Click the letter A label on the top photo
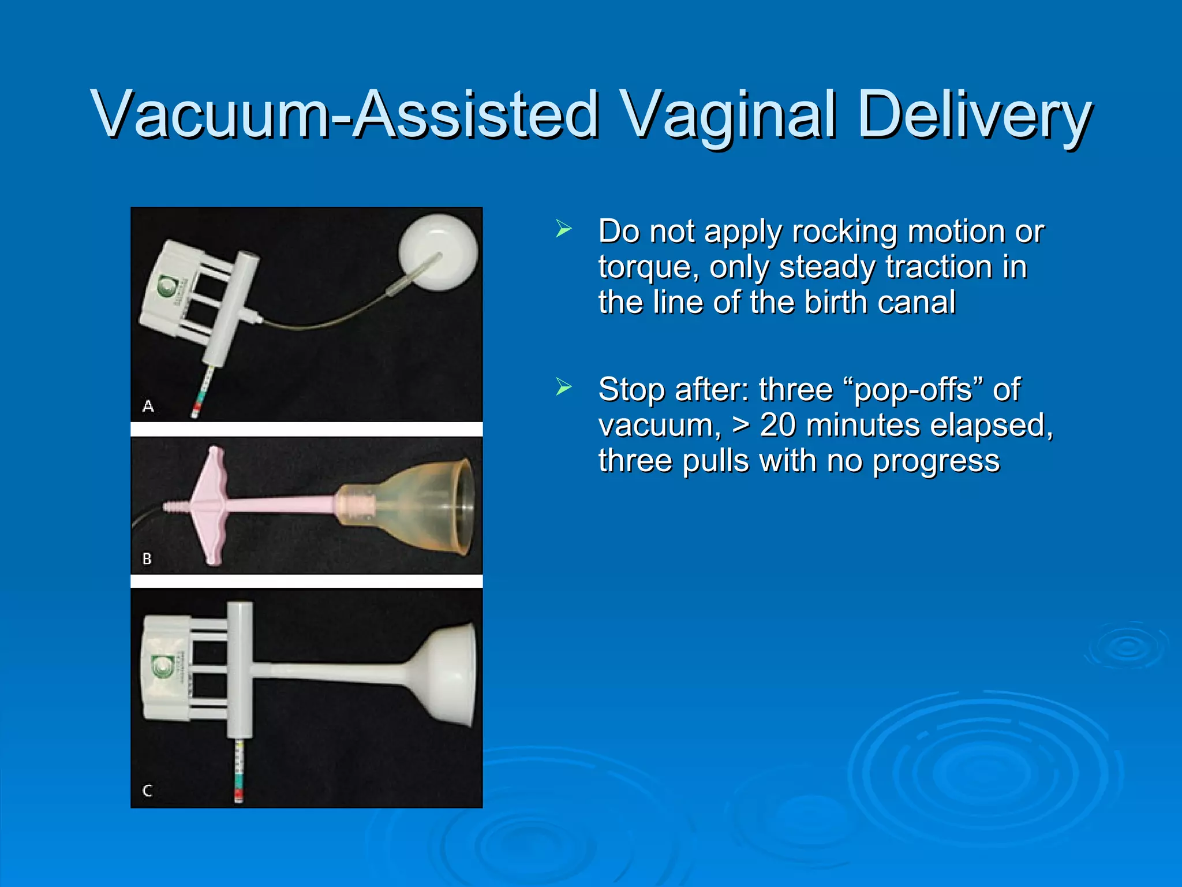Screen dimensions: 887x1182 coord(148,407)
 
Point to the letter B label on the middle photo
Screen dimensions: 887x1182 coord(147,559)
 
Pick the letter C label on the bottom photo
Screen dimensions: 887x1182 coord(147,791)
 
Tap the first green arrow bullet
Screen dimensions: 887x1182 coord(563,229)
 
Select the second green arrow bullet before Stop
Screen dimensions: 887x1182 coord(563,386)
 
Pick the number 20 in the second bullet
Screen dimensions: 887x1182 coord(781,426)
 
